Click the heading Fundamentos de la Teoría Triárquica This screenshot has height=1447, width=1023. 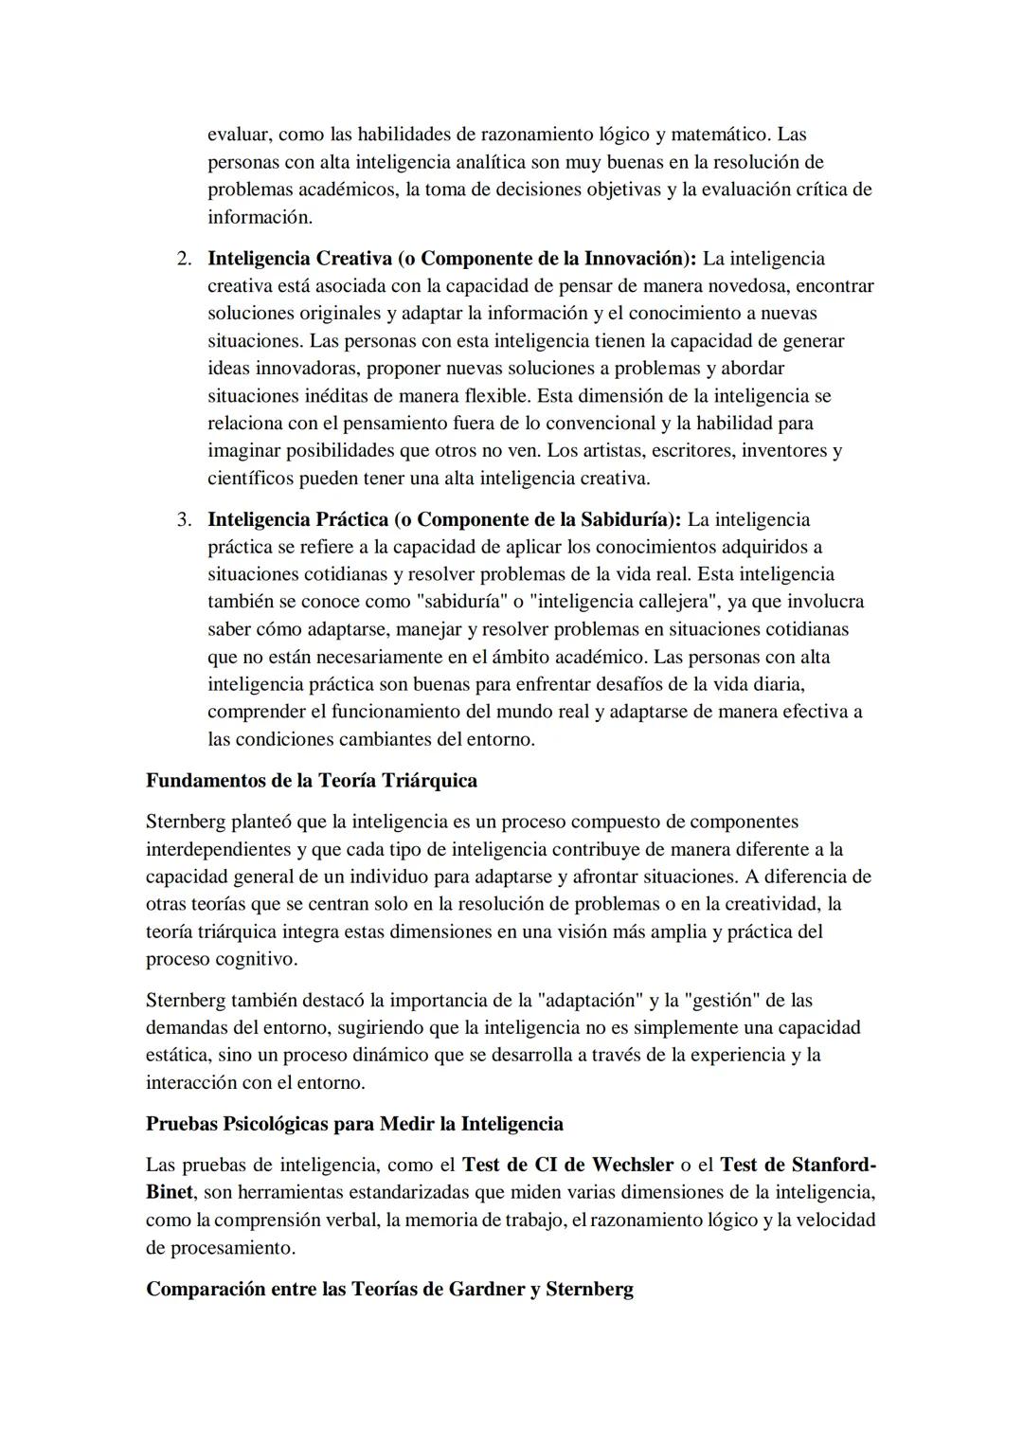312,781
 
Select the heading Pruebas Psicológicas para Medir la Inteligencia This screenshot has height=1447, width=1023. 354,1124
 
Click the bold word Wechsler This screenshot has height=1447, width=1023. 629,1165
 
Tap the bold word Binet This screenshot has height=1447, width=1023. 170,1192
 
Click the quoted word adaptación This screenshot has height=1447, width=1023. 592,1001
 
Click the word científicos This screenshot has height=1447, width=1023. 251,479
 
